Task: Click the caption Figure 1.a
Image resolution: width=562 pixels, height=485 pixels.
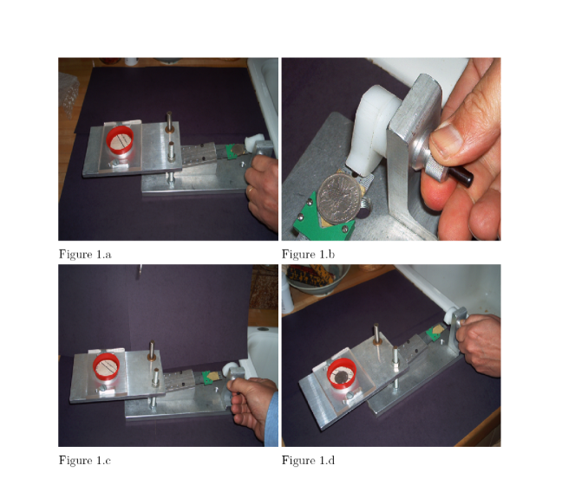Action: point(85,254)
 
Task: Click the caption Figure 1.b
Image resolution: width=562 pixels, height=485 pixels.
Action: point(308,254)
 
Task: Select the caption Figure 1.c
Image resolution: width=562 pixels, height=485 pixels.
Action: point(85,460)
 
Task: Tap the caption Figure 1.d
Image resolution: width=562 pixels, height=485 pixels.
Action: point(308,460)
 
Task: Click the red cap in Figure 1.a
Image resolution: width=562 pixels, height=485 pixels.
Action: point(120,139)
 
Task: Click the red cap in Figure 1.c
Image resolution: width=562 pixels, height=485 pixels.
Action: point(106,366)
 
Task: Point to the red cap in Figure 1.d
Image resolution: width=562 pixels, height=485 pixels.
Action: point(342,374)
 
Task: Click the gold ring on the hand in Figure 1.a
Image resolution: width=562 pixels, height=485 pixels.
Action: point(251,189)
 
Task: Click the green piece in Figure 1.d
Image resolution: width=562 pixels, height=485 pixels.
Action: point(435,333)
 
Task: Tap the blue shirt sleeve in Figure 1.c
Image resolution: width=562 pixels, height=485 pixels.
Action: point(271,419)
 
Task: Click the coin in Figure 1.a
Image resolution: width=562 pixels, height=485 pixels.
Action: point(237,150)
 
